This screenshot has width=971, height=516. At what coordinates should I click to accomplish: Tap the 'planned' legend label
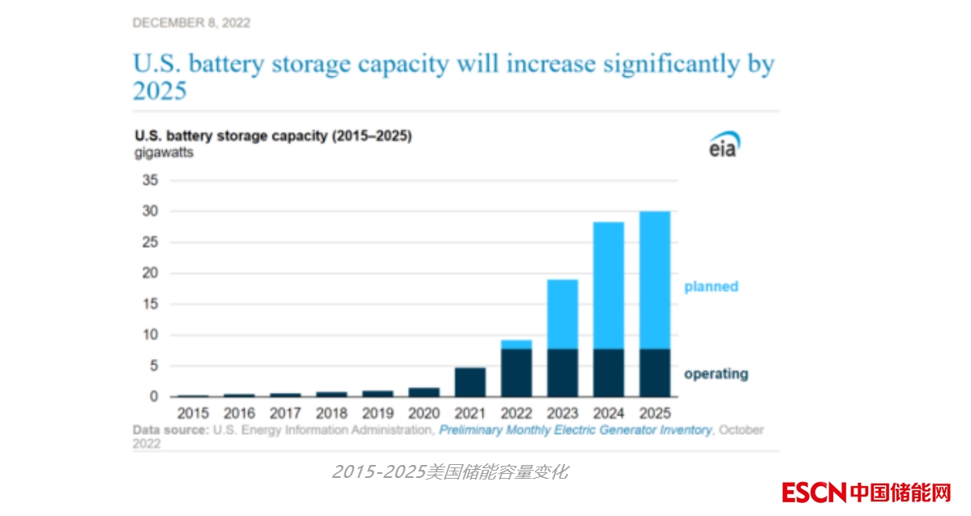pyautogui.click(x=711, y=286)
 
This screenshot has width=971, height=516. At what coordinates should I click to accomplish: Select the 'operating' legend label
pyautogui.click(x=716, y=374)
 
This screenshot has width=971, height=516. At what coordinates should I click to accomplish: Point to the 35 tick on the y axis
pyautogui.click(x=151, y=180)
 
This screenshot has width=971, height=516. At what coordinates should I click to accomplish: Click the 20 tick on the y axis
pyautogui.click(x=151, y=273)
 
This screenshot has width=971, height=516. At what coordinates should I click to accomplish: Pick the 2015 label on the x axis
pyautogui.click(x=193, y=412)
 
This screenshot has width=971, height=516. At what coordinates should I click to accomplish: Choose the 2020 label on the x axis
pyautogui.click(x=423, y=412)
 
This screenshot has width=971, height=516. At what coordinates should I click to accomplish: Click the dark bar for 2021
pyautogui.click(x=469, y=382)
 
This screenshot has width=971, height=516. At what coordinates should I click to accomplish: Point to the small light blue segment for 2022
pyautogui.click(x=515, y=344)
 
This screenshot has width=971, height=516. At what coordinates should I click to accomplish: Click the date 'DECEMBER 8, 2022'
pyautogui.click(x=191, y=23)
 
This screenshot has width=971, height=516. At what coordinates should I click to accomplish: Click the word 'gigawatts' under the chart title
pyautogui.click(x=164, y=152)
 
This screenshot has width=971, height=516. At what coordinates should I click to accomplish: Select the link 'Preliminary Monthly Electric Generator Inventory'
pyautogui.click(x=575, y=430)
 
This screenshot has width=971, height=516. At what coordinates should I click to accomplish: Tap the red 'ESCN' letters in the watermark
pyautogui.click(x=814, y=491)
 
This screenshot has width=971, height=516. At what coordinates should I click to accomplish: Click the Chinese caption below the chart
pyautogui.click(x=450, y=471)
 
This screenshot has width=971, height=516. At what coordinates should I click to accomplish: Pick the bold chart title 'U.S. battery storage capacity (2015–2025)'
pyautogui.click(x=273, y=136)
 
